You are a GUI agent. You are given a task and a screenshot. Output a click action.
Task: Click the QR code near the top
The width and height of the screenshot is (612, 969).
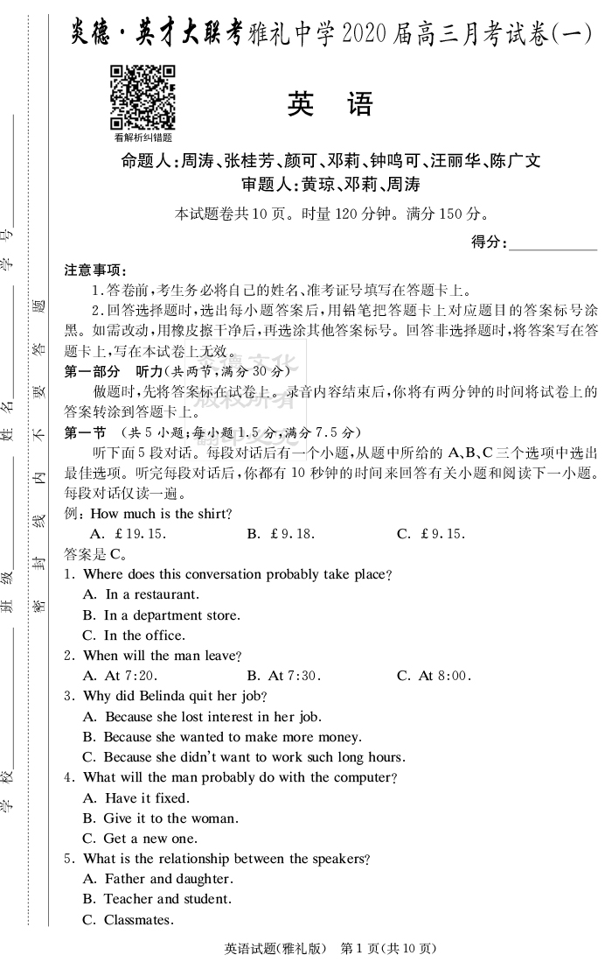point(143,97)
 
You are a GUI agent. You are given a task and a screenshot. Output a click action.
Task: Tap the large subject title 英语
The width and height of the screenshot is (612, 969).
point(330,104)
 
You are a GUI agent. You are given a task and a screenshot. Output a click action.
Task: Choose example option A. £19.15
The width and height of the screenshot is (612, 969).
point(129,534)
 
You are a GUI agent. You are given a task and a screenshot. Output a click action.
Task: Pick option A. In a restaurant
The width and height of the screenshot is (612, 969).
point(141,594)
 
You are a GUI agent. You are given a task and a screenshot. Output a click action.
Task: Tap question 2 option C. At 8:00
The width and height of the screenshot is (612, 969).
point(434,676)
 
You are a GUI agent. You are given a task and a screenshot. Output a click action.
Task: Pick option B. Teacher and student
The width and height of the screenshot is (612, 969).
point(156,899)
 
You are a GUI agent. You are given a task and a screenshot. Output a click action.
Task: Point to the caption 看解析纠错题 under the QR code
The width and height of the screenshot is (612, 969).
point(143,137)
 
